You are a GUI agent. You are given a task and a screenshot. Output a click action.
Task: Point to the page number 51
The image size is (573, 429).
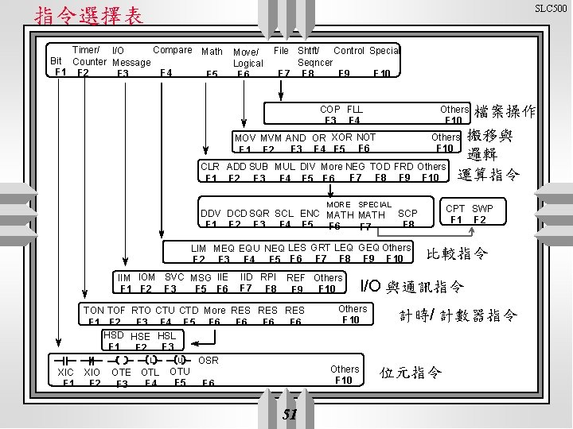[x=290, y=415]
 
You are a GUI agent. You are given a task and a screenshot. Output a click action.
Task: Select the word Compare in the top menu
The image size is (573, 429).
[x=172, y=50]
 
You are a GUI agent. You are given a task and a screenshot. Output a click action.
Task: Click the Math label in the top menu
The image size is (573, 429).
[x=212, y=52]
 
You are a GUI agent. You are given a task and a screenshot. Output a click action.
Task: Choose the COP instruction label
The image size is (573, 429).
[x=330, y=109]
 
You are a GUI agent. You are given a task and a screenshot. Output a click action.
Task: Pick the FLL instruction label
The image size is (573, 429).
[x=355, y=109]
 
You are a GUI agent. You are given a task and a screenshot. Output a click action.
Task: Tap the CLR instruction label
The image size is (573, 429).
[x=210, y=167]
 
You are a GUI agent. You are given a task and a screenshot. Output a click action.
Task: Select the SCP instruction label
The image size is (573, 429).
[x=407, y=214]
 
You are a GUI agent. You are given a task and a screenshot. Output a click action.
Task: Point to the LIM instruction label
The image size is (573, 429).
[x=199, y=248]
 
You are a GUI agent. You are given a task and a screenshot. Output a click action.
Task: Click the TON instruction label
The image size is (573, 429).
[x=94, y=310]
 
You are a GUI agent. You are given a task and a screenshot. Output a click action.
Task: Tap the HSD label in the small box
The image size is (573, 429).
[x=113, y=335]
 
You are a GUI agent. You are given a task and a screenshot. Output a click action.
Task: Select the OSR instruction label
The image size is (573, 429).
[x=209, y=360]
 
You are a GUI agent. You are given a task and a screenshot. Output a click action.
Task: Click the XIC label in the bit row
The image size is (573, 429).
[x=68, y=372]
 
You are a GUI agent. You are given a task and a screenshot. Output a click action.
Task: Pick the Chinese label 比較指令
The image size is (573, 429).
[x=458, y=254]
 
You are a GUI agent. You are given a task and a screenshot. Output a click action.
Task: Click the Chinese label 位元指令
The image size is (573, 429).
[x=411, y=373]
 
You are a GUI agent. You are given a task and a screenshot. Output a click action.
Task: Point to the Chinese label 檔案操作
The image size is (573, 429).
[x=505, y=112]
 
